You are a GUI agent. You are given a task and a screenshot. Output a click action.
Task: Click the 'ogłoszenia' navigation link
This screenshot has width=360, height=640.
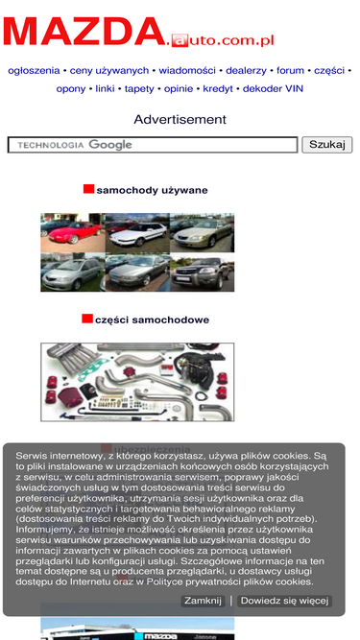pos(34,71)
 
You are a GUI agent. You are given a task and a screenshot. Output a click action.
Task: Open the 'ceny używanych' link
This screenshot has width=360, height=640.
pos(109,71)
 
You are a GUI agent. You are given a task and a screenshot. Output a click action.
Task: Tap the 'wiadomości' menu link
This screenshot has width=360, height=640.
pos(187,71)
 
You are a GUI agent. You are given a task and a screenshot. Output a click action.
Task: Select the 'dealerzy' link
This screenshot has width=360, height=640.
pos(246,71)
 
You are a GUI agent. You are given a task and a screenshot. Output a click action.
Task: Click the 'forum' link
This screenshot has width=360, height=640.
pos(290,71)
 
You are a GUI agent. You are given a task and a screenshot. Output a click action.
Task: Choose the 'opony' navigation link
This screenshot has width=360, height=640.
pos(71,89)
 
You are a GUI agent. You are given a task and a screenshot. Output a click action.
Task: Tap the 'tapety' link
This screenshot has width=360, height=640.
pos(139,89)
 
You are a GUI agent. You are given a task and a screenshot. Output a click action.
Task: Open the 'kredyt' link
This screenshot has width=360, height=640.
pos(218,89)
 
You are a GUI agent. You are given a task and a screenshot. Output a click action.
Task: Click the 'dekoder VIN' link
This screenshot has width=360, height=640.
pos(273,89)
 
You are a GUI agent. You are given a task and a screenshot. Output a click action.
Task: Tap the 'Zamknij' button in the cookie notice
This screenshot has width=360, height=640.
pos(203,601)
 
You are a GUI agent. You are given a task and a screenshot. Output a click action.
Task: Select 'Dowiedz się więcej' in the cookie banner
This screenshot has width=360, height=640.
pos(284,601)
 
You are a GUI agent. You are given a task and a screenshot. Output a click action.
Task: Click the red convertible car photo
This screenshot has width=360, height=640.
pos(73,232)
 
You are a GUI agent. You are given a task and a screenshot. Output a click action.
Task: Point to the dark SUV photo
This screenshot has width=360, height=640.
pos(202,273)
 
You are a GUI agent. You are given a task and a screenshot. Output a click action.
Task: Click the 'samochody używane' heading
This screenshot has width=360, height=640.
pos(152,190)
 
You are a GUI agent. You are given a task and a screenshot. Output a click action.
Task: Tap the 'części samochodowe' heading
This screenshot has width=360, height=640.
pos(152,320)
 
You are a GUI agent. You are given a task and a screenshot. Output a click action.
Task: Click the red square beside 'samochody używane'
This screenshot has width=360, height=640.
pos(88,189)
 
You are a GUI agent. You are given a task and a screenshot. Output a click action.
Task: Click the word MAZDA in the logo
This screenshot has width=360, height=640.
pos(84,32)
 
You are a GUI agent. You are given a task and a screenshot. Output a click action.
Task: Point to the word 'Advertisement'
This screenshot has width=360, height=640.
pos(180,120)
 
